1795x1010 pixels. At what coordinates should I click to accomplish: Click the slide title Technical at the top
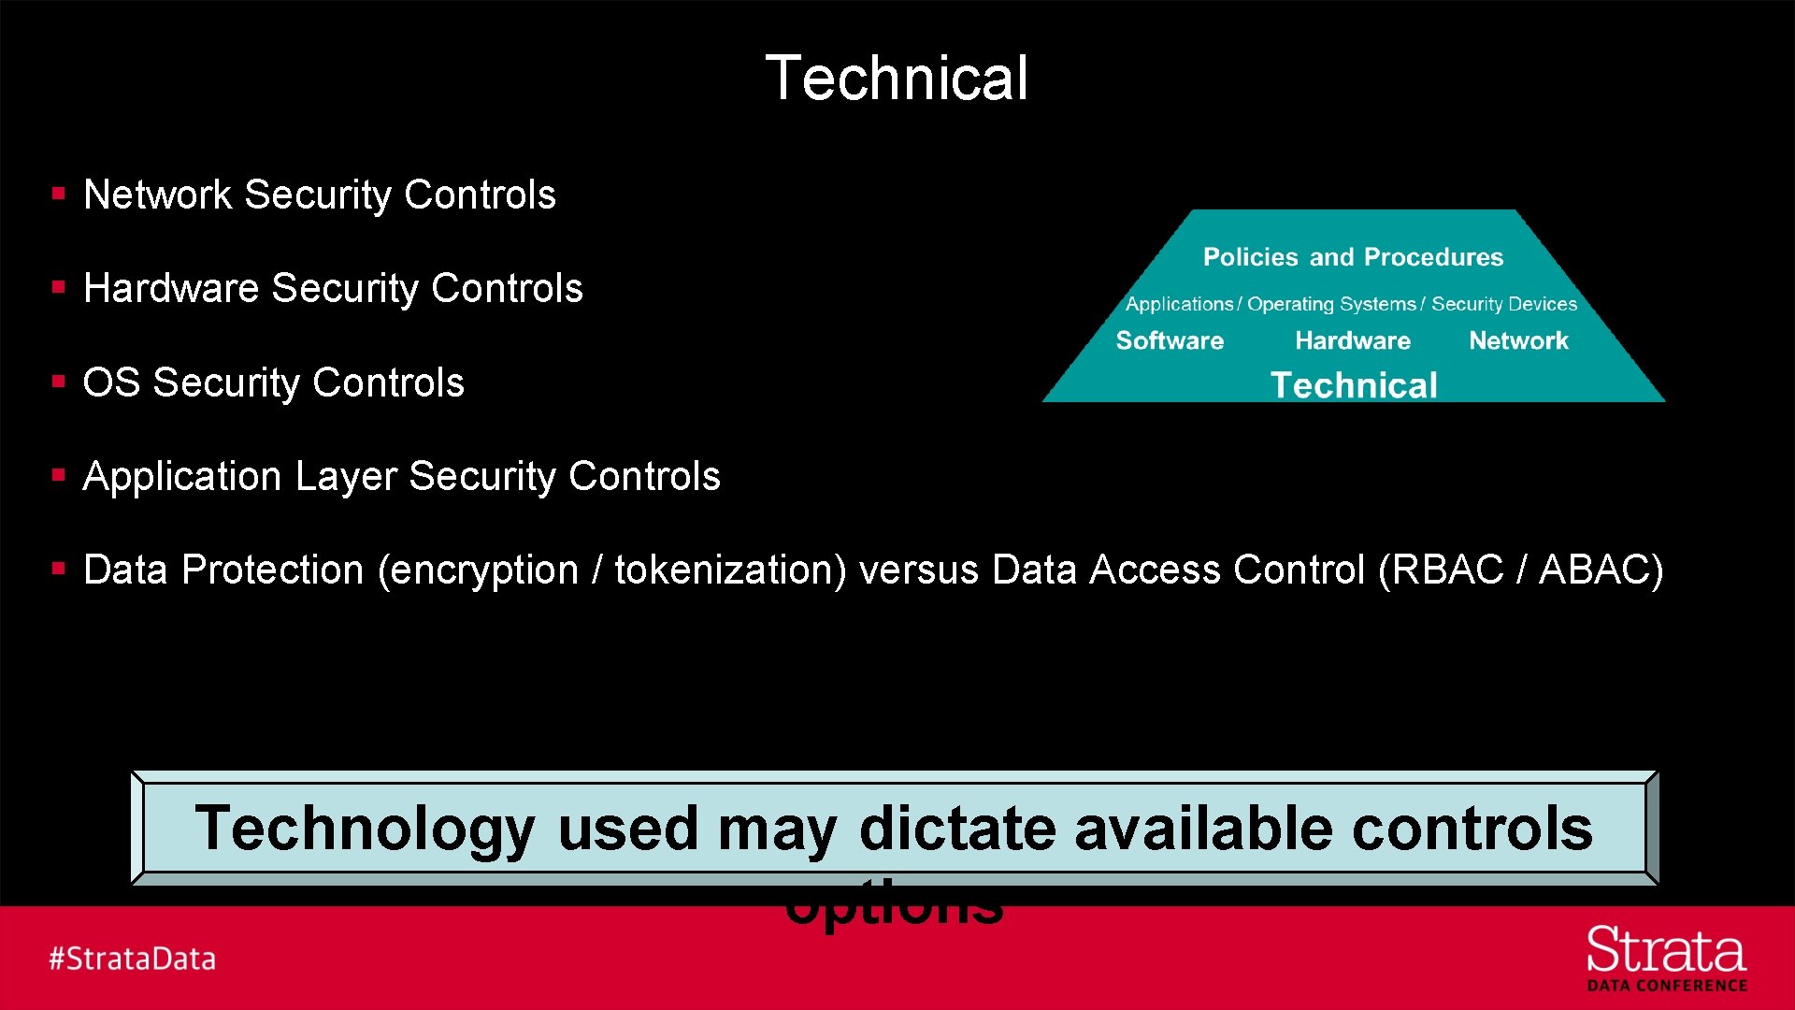point(897,78)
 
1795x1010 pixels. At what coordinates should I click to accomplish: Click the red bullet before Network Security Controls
point(59,195)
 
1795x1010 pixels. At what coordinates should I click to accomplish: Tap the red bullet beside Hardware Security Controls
point(59,288)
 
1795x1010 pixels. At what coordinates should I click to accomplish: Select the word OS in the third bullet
point(111,382)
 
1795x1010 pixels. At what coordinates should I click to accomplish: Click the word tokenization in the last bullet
point(725,570)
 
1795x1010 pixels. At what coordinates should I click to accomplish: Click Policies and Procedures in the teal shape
point(1353,257)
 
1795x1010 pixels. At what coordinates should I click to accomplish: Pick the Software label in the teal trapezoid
point(1170,340)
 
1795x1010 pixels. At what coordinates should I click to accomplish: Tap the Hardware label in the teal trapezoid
point(1353,340)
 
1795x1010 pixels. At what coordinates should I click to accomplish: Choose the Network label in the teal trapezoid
point(1518,340)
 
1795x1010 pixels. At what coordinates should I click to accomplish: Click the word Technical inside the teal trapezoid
point(1354,385)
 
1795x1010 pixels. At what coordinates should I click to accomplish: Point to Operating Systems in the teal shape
point(1331,304)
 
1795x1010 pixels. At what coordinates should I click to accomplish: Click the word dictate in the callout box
point(958,829)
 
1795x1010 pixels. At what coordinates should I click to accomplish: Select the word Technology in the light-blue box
point(365,829)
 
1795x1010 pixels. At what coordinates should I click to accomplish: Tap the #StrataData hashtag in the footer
point(133,959)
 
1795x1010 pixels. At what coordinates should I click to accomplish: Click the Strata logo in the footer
point(1666,957)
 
